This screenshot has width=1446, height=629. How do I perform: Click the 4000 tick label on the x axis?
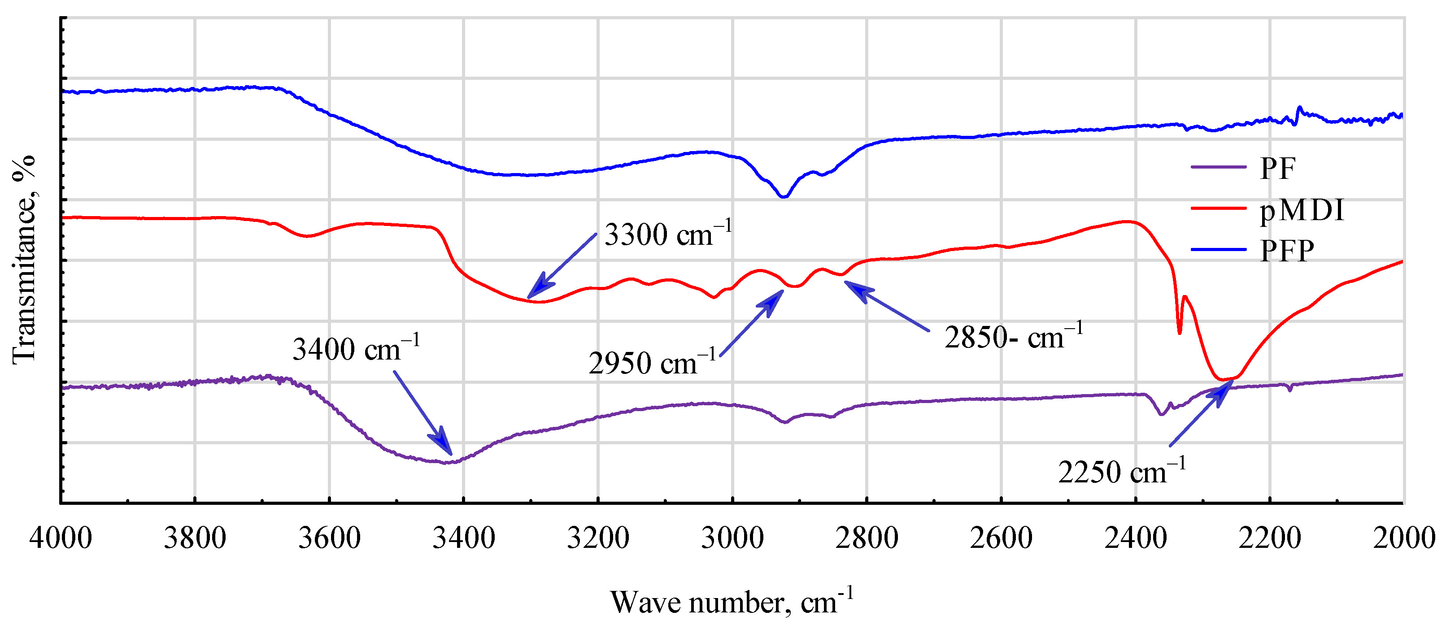point(61,538)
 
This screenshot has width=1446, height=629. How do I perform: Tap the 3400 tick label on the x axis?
point(464,538)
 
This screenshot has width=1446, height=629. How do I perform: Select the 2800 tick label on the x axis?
point(867,538)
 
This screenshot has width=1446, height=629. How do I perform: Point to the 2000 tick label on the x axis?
point(1403,538)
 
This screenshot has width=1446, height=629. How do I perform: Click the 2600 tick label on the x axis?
point(1001,538)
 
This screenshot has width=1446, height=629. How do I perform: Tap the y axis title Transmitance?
point(24,260)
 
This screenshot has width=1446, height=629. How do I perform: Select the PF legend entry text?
point(1278,168)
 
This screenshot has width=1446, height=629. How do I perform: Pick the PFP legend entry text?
point(1287,251)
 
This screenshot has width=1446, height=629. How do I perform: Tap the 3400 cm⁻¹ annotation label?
point(356,349)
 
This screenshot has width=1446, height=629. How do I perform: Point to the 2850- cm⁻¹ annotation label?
point(1013,337)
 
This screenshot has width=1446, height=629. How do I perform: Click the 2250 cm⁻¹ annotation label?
point(1122,471)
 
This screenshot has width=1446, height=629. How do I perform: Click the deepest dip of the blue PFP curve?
point(784,196)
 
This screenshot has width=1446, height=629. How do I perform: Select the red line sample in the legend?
point(1218,208)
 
